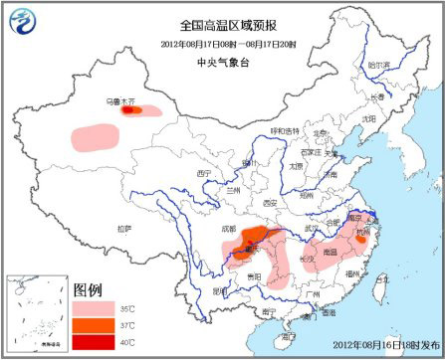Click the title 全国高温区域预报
(x=222, y=23)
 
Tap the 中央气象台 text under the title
(x=222, y=60)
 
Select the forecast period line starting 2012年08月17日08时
(x=222, y=43)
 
